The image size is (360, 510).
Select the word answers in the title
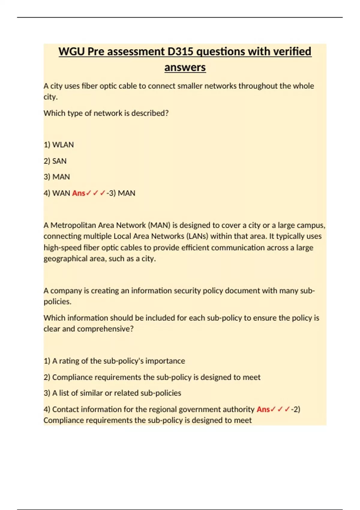185,67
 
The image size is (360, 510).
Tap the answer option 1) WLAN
59,145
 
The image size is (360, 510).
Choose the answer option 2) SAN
55,161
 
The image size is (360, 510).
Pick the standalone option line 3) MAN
57,177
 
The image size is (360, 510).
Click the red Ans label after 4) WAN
79,193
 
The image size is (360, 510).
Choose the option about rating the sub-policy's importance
114,361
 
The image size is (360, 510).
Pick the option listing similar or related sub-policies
112,393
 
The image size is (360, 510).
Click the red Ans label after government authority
263,409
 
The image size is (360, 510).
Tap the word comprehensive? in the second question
105,329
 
